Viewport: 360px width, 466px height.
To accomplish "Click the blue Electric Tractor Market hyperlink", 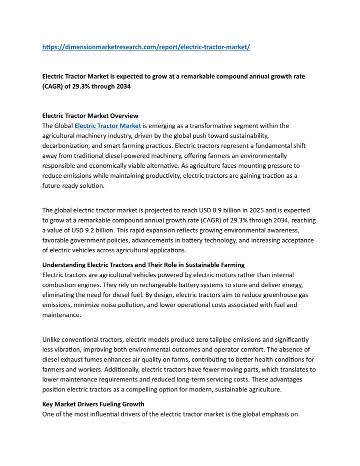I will pos(107,126).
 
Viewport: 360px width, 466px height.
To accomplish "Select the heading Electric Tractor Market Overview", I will pos(90,116).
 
